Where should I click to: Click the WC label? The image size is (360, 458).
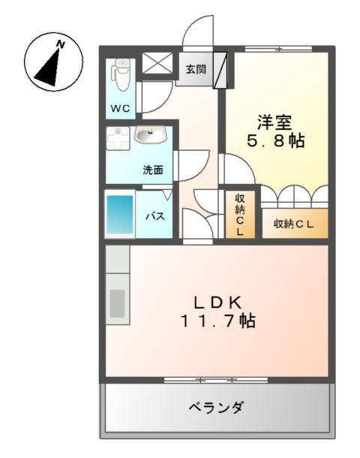[121, 108]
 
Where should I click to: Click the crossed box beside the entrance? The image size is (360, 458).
[157, 65]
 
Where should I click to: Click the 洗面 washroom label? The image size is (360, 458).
[153, 170]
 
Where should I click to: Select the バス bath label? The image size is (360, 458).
[154, 216]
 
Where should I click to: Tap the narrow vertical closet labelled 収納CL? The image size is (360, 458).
[240, 215]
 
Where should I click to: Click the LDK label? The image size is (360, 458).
[217, 303]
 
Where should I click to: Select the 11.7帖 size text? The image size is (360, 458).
[217, 321]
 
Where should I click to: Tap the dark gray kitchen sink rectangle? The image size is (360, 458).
[118, 303]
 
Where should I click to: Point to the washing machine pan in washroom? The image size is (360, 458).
[117, 140]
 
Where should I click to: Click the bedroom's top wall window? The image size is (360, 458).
[278, 49]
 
